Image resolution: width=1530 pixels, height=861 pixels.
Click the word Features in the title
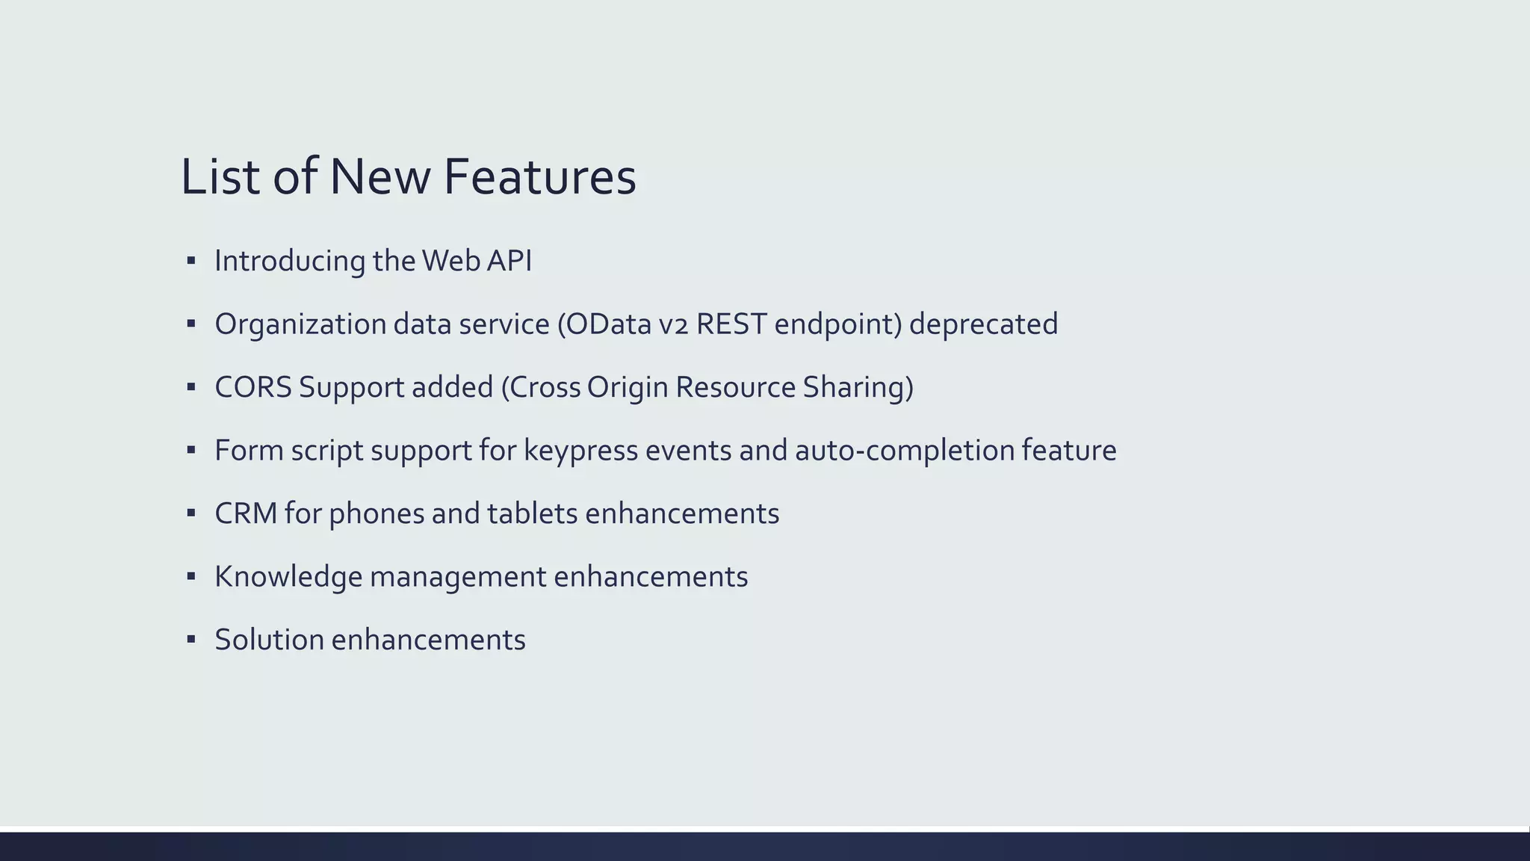point(539,178)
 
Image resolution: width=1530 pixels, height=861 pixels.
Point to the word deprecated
point(983,324)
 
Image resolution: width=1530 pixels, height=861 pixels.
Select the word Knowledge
point(288,577)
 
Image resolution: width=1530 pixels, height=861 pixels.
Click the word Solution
point(269,640)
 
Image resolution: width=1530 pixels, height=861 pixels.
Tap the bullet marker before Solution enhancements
point(191,640)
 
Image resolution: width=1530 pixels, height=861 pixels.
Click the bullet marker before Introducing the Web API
point(191,261)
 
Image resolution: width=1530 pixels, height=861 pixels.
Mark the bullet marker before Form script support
point(191,451)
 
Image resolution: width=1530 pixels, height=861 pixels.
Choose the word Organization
point(300,324)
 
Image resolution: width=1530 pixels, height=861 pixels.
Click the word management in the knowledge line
point(458,577)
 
